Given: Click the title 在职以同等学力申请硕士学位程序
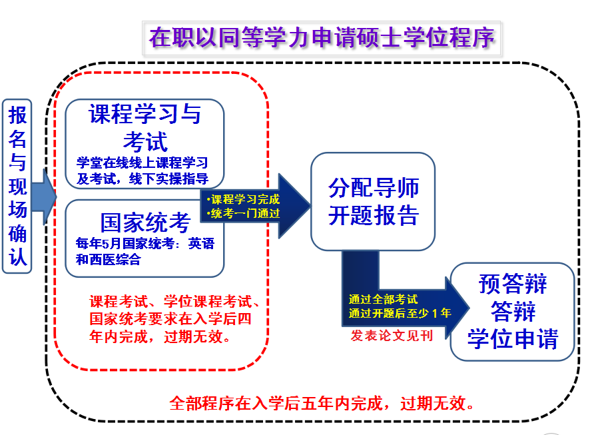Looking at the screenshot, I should tap(323, 37).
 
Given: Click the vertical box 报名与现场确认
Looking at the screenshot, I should tap(18, 186).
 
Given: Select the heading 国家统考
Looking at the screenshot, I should tap(145, 222).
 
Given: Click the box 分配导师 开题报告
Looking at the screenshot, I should tap(373, 201).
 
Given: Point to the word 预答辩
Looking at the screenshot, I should tap(512, 284).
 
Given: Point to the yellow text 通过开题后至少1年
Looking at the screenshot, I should tap(400, 312).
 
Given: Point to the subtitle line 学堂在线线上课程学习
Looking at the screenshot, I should tap(143, 163).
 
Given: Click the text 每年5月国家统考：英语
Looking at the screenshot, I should tap(145, 244).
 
